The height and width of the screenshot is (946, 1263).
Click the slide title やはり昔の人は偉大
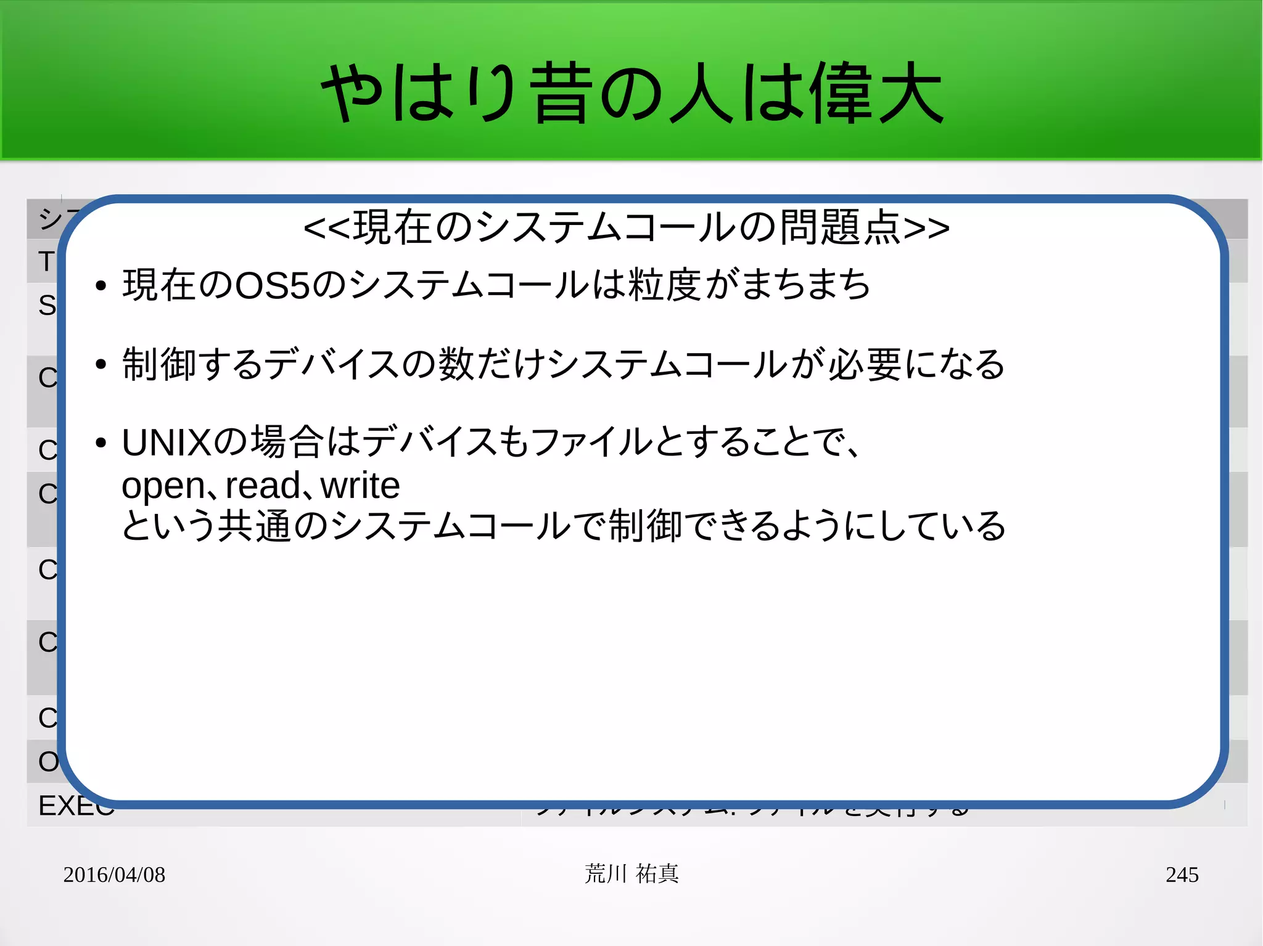[631, 94]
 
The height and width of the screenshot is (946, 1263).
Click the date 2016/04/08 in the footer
[114, 875]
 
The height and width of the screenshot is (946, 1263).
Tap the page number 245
[1182, 875]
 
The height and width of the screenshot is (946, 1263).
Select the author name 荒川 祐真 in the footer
[631, 874]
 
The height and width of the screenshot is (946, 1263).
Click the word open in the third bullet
[162, 486]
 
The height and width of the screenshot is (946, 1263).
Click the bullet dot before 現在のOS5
[101, 286]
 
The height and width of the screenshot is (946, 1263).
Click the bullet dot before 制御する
[101, 364]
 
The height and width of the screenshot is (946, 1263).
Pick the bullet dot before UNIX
[101, 443]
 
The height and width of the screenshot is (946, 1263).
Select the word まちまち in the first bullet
[805, 285]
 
